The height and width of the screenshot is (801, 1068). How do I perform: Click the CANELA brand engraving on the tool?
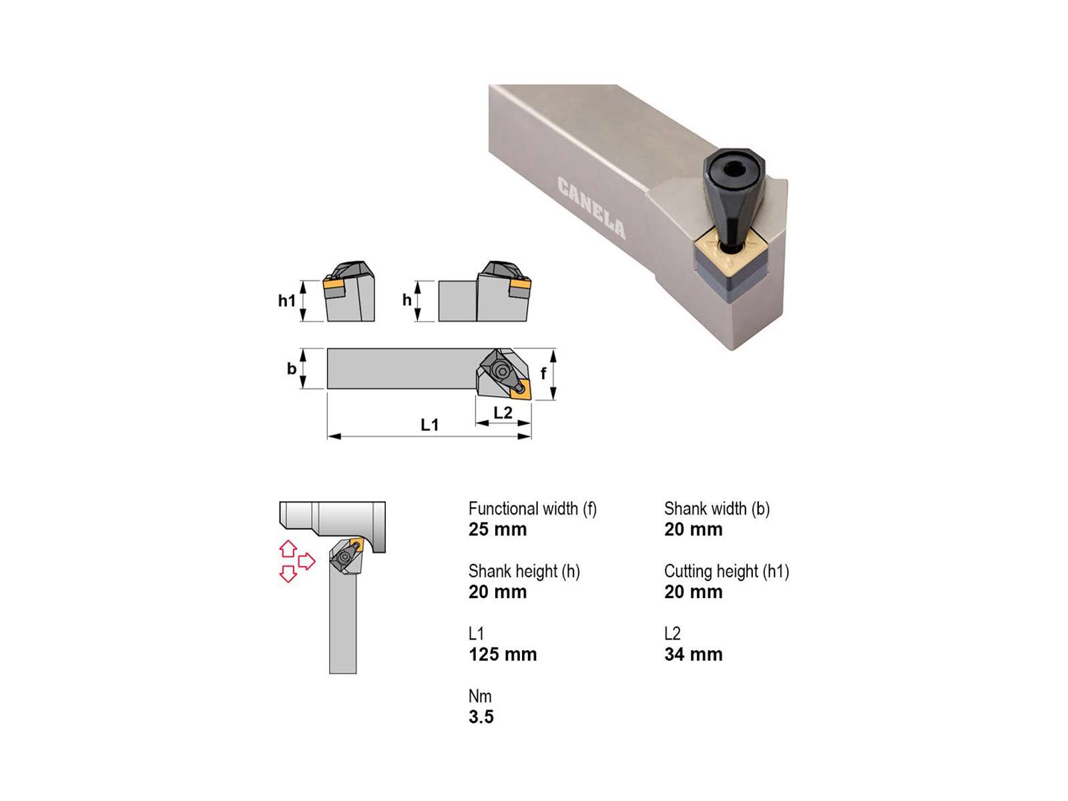pos(591,207)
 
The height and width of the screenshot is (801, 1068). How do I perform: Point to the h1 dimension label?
pos(286,300)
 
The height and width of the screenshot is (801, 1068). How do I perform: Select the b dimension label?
pos(292,368)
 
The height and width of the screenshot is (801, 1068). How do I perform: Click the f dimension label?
pos(543,373)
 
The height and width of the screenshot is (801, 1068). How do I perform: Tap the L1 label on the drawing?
pos(430,425)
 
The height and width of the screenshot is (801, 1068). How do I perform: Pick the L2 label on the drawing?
pos(503,413)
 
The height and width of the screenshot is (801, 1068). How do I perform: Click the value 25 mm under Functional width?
pos(497,529)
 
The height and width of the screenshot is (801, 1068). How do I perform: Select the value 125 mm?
pos(503,654)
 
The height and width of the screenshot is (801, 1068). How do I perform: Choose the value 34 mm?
pos(694,654)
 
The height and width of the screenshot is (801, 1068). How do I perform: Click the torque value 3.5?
pos(481,716)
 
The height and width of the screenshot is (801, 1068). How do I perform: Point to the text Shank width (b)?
pos(717,508)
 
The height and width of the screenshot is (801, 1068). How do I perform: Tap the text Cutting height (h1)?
pos(726,571)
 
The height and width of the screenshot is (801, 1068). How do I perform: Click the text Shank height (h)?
pos(524,571)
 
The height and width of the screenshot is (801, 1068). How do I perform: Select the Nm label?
pos(480,696)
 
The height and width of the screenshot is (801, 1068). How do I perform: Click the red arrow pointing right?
pos(306,561)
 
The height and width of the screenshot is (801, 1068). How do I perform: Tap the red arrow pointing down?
pos(288,573)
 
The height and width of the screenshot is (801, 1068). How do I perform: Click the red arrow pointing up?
pos(288,549)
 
